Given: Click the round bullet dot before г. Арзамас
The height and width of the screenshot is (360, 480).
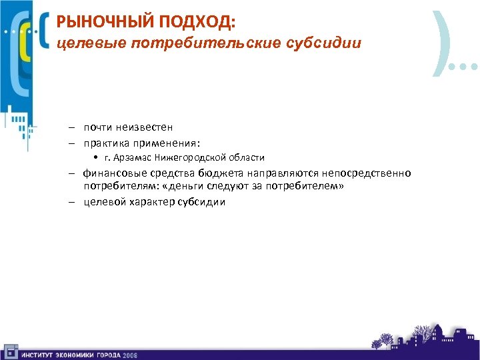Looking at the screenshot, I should click(97, 158).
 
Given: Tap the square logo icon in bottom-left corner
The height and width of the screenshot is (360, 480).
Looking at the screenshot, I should click(9, 352).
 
